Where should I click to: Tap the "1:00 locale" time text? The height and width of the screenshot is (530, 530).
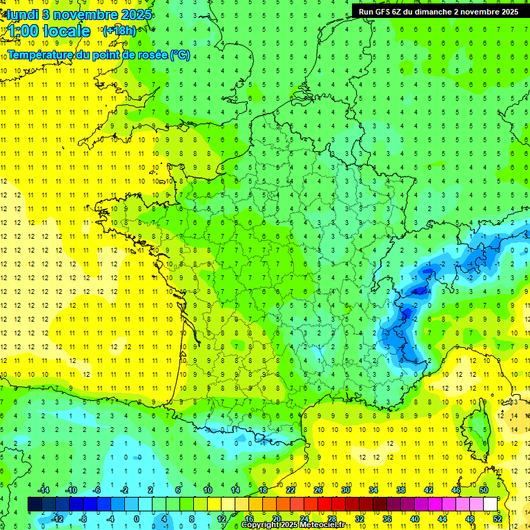49,31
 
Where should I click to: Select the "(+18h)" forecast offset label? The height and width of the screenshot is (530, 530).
119,30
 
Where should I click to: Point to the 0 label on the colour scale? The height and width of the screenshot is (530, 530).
137,519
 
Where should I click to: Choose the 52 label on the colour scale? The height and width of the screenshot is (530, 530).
497,519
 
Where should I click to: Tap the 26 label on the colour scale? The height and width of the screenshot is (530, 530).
318,489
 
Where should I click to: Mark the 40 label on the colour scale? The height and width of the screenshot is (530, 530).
414,519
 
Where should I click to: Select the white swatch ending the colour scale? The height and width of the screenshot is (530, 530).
490,504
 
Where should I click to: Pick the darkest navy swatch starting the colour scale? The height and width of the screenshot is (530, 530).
35,504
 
